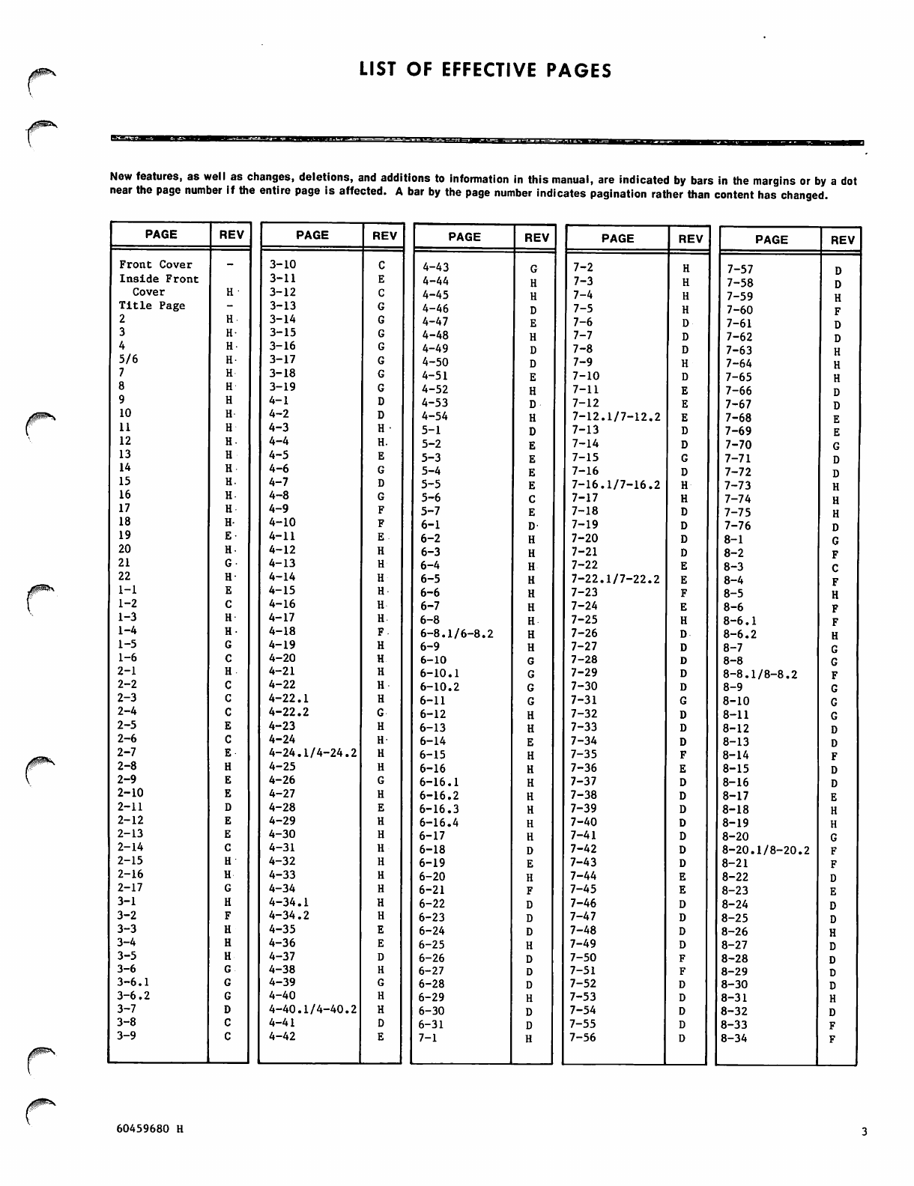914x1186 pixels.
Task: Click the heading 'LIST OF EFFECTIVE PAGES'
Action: [485, 70]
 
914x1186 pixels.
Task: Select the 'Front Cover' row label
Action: [155, 264]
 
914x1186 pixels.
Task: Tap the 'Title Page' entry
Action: [151, 305]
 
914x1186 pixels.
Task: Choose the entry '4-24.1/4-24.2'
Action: [312, 752]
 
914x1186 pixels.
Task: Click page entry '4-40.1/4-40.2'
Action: [312, 1009]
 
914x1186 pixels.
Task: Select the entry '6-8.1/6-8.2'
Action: [456, 633]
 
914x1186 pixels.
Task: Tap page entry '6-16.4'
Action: [439, 823]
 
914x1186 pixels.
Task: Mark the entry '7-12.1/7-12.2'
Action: [616, 416]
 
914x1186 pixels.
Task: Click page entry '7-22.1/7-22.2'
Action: [616, 579]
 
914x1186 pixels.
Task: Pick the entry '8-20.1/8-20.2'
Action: [765, 851]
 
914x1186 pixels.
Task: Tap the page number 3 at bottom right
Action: [864, 1132]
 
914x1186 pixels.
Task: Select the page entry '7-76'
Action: [738, 526]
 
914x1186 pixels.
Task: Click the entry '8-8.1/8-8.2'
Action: [760, 675]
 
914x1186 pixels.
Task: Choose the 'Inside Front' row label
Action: [159, 279]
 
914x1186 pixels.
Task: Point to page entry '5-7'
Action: [430, 511]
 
